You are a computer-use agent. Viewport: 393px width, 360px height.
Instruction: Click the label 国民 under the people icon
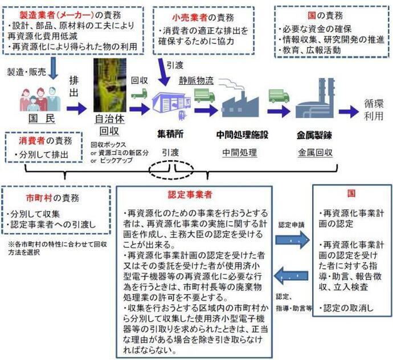click(x=36, y=121)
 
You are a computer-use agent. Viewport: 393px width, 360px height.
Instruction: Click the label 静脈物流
click(x=196, y=80)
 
